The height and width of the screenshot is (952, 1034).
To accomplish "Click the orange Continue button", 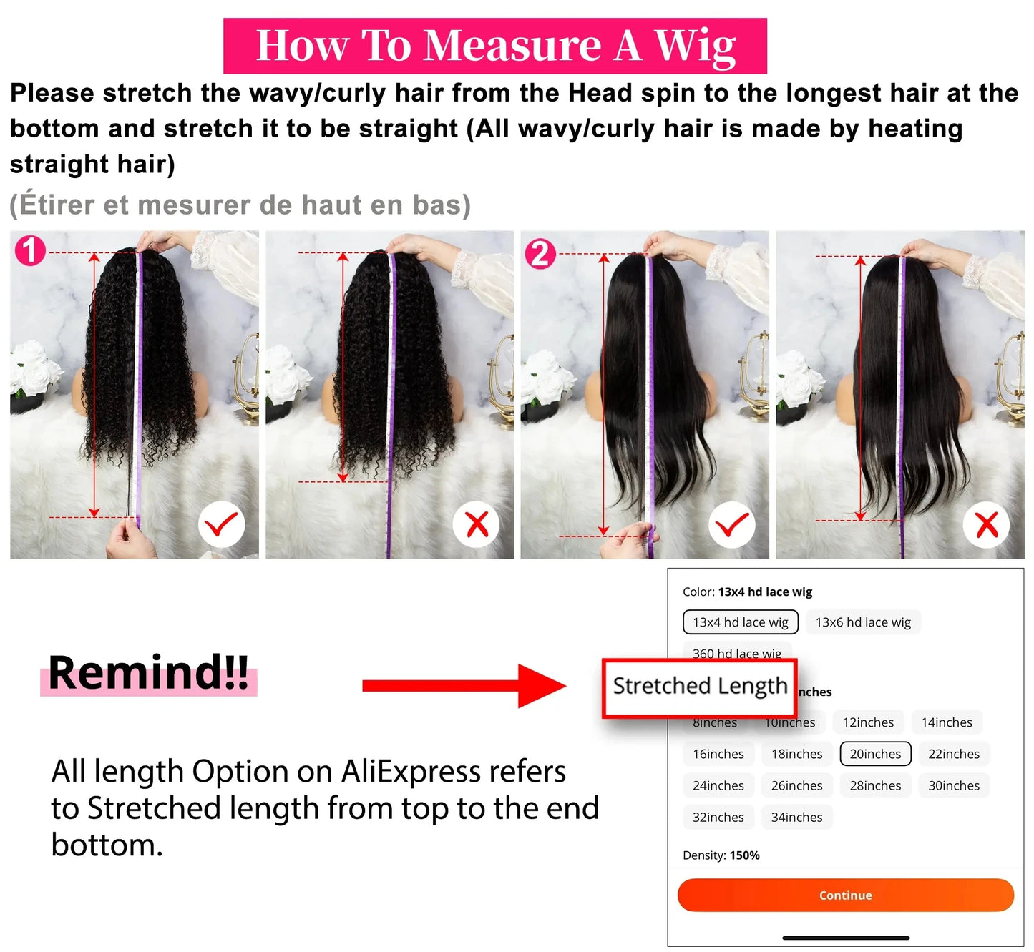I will [x=845, y=895].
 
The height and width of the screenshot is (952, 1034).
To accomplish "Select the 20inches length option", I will [x=875, y=754].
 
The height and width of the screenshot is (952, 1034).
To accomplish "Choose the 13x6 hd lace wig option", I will [x=863, y=622].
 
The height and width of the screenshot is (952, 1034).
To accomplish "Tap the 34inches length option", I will [x=796, y=817].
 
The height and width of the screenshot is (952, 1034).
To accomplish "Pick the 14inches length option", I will [x=947, y=722].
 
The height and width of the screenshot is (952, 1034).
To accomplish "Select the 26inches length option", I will [x=796, y=785].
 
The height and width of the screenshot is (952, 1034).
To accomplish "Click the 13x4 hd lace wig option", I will [x=741, y=622].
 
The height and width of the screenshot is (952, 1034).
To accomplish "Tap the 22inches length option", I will [x=954, y=754].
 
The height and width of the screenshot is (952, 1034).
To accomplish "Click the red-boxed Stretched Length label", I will [x=699, y=687].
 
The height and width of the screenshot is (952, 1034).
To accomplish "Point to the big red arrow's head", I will [x=544, y=686].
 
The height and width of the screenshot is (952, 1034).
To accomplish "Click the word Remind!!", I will [x=148, y=673].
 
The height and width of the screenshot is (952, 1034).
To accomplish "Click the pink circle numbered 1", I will [x=30, y=251].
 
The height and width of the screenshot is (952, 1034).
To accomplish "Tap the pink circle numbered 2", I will [x=540, y=254].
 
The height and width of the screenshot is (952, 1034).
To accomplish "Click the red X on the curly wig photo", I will [x=477, y=525].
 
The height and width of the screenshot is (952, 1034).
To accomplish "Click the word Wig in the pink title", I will [x=694, y=46].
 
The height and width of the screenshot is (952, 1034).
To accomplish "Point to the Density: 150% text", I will [x=721, y=855].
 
